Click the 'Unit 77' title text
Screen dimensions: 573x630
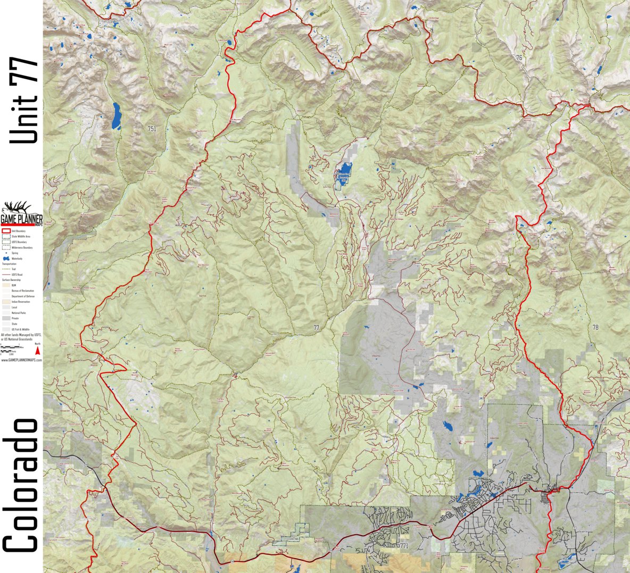24,101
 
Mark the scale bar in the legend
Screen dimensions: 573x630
13,349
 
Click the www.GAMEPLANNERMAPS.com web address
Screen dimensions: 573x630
21,360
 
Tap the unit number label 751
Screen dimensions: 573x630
152,129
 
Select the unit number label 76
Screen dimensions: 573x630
518,57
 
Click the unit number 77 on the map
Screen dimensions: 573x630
317,328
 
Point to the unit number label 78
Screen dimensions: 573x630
595,327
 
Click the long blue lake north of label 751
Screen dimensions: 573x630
115,116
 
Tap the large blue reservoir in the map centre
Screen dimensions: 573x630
343,176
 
